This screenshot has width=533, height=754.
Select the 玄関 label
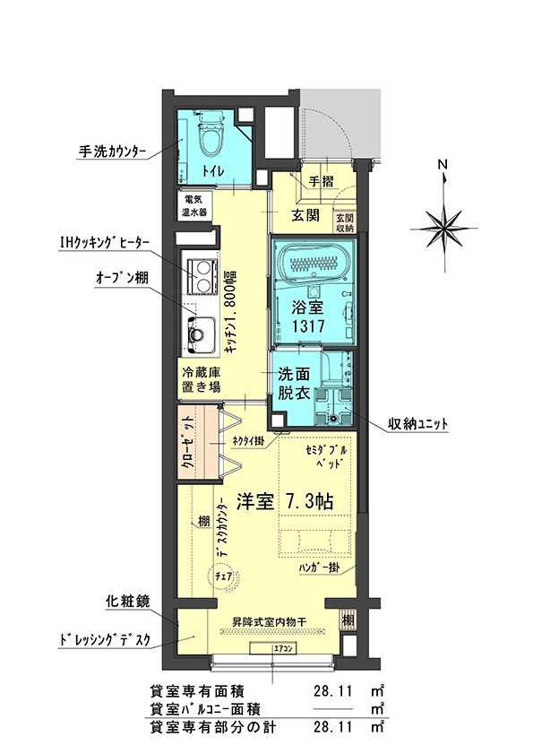point(305,215)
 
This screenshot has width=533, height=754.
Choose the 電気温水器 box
point(193,207)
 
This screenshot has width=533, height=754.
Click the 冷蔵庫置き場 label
point(202,380)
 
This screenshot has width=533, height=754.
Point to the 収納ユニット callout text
point(417,423)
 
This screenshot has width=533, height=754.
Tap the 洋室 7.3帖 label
point(285,502)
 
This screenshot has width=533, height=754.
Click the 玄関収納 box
point(345,221)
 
